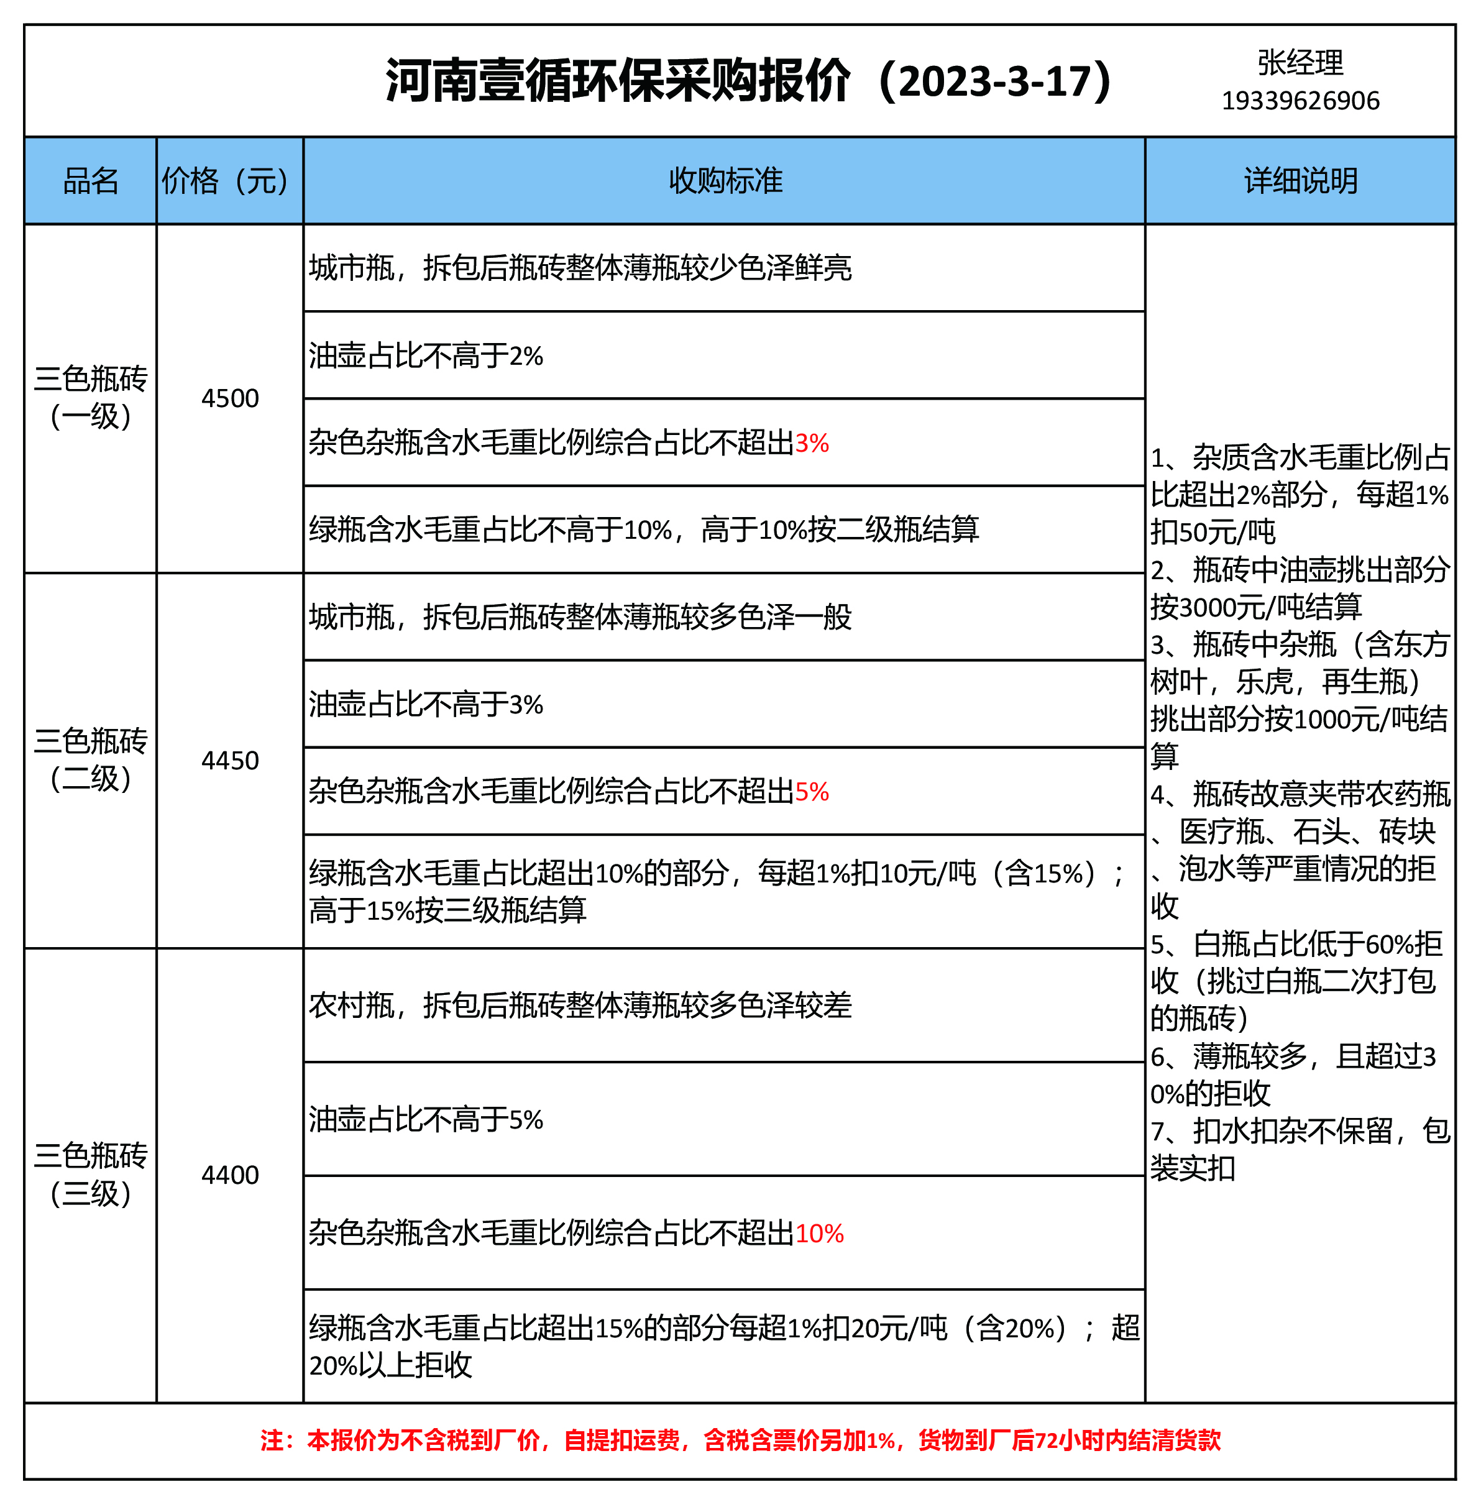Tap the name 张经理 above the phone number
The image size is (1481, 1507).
1300,63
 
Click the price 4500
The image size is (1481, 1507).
229,398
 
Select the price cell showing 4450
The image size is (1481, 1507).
229,761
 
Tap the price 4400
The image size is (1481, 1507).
229,1174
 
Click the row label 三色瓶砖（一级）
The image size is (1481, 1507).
90,397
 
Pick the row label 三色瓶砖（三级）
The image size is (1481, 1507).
90,1174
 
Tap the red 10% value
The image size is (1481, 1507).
819,1234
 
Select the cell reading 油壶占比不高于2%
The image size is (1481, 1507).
426,356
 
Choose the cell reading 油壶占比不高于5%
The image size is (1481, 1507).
426,1120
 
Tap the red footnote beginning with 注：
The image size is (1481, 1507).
740,1440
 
